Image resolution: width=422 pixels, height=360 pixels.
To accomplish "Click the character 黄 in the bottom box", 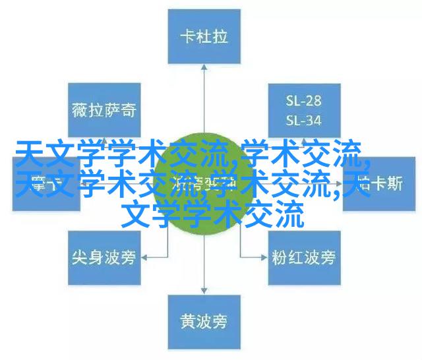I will point(187,321).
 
